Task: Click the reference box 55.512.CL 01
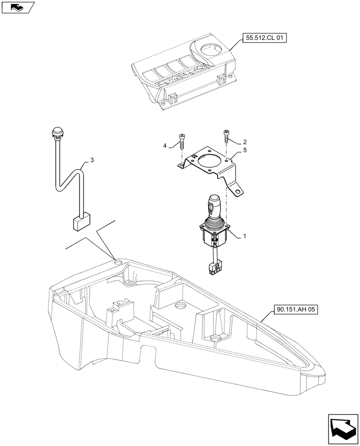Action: (x=264, y=39)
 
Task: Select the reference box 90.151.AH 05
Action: (x=295, y=309)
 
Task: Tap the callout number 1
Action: (x=244, y=235)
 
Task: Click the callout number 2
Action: (x=245, y=142)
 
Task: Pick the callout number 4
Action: (x=164, y=146)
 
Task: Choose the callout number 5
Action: (x=245, y=152)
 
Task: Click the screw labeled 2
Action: (x=226, y=136)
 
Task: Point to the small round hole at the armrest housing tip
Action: (x=117, y=263)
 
